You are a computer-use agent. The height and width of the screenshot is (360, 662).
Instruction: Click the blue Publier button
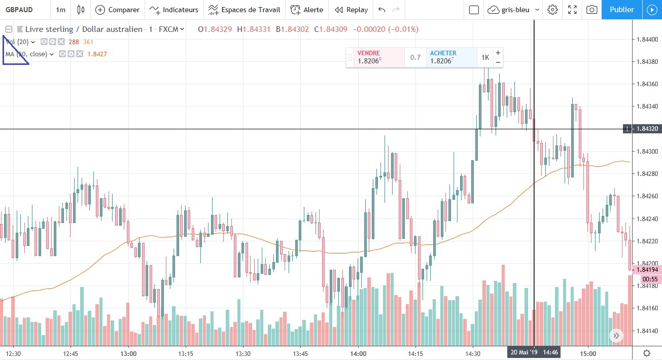click(621, 10)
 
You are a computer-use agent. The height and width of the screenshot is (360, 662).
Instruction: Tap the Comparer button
click(117, 10)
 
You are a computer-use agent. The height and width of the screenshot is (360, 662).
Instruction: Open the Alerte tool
click(307, 10)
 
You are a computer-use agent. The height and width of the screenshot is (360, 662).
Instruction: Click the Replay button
click(351, 10)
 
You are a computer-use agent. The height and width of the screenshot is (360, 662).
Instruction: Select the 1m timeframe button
click(60, 10)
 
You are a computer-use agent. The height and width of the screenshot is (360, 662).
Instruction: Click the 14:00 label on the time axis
click(358, 353)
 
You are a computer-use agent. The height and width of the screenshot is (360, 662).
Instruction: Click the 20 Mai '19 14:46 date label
click(534, 352)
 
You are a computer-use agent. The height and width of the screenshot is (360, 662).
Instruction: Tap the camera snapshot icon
click(591, 10)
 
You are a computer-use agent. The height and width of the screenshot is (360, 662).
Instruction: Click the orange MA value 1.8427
click(97, 54)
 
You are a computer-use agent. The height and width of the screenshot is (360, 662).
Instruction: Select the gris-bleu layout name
click(515, 10)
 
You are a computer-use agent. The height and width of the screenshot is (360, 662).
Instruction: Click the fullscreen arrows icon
click(572, 10)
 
